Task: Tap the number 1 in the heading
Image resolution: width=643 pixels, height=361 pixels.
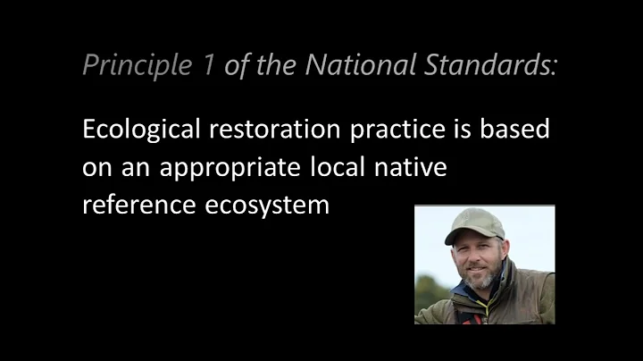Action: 207,64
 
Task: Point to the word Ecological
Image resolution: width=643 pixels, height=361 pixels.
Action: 143,130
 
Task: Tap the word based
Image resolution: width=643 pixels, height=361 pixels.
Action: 521,130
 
